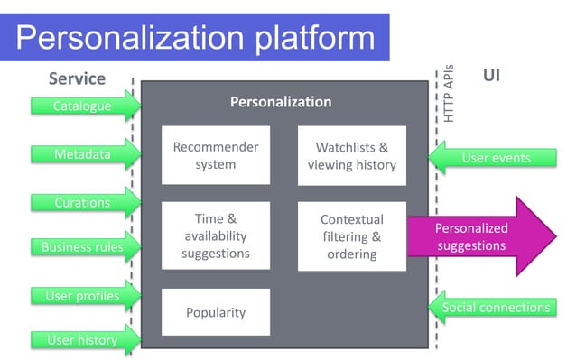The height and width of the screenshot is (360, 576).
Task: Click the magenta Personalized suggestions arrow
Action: coord(483,236)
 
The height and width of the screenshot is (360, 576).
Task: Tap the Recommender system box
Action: coord(215,155)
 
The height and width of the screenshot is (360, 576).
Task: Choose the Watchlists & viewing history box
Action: coord(351,155)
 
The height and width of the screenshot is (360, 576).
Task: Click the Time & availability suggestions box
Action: coord(215,235)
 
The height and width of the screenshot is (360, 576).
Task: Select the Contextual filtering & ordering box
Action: coord(351,235)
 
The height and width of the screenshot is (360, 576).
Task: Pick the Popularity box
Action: coord(215,312)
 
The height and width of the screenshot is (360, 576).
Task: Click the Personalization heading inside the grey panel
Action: coord(281,102)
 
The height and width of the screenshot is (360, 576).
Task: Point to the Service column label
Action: coord(77,78)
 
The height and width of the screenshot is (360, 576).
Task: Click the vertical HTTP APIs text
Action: coord(449,94)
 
